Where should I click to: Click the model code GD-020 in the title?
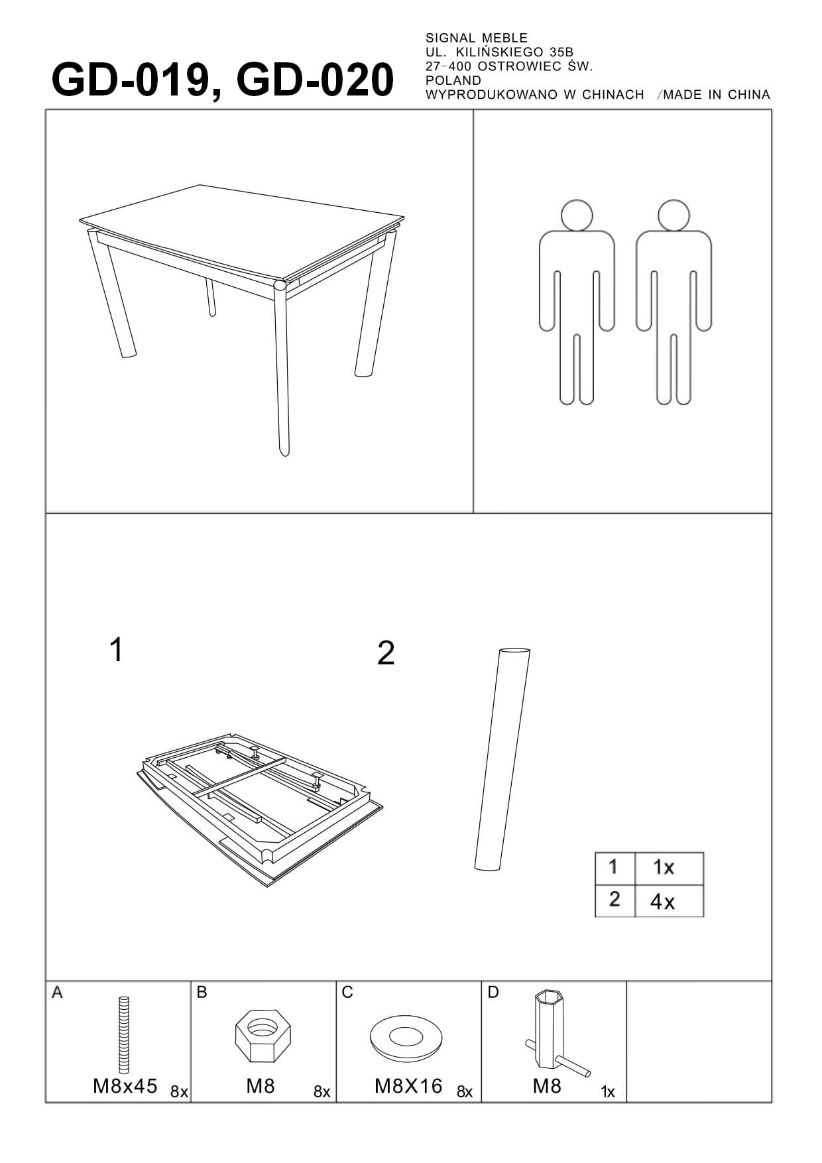coord(314,80)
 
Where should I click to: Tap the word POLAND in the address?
coord(453,80)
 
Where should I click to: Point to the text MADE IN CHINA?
coord(717,95)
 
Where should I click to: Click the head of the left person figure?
coord(576,215)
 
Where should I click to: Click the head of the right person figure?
coord(674,215)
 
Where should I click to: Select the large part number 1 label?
coord(116,650)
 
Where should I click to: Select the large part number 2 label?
coord(386,653)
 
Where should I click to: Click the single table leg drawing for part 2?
coord(502,759)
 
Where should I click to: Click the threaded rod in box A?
coord(124,1035)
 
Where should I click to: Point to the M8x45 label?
coord(125,1086)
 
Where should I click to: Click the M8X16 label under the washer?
coord(408,1086)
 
